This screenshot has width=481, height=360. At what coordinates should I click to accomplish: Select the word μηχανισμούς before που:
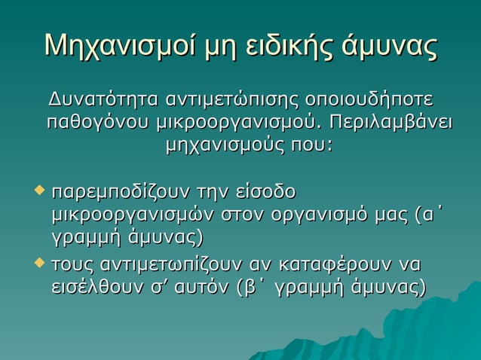tap(222, 143)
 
